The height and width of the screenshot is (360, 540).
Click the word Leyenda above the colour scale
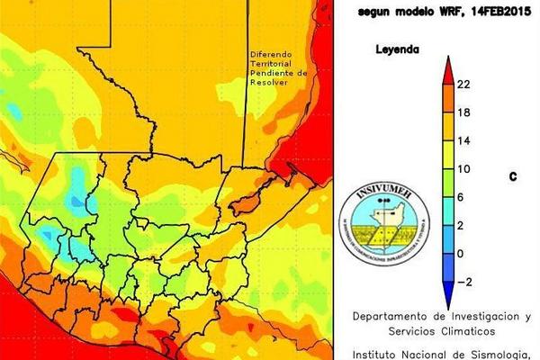[396, 50]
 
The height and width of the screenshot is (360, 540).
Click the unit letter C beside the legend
[513, 177]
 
